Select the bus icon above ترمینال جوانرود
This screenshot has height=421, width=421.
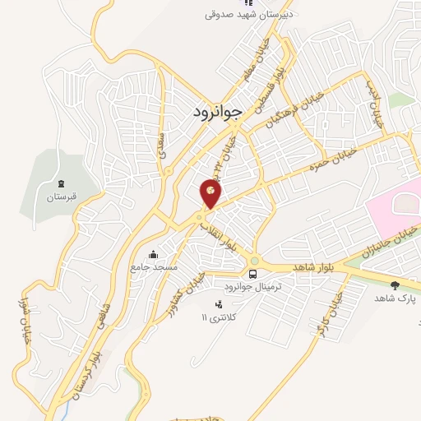pos(253,274)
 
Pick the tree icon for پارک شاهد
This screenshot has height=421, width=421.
pos(396,285)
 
